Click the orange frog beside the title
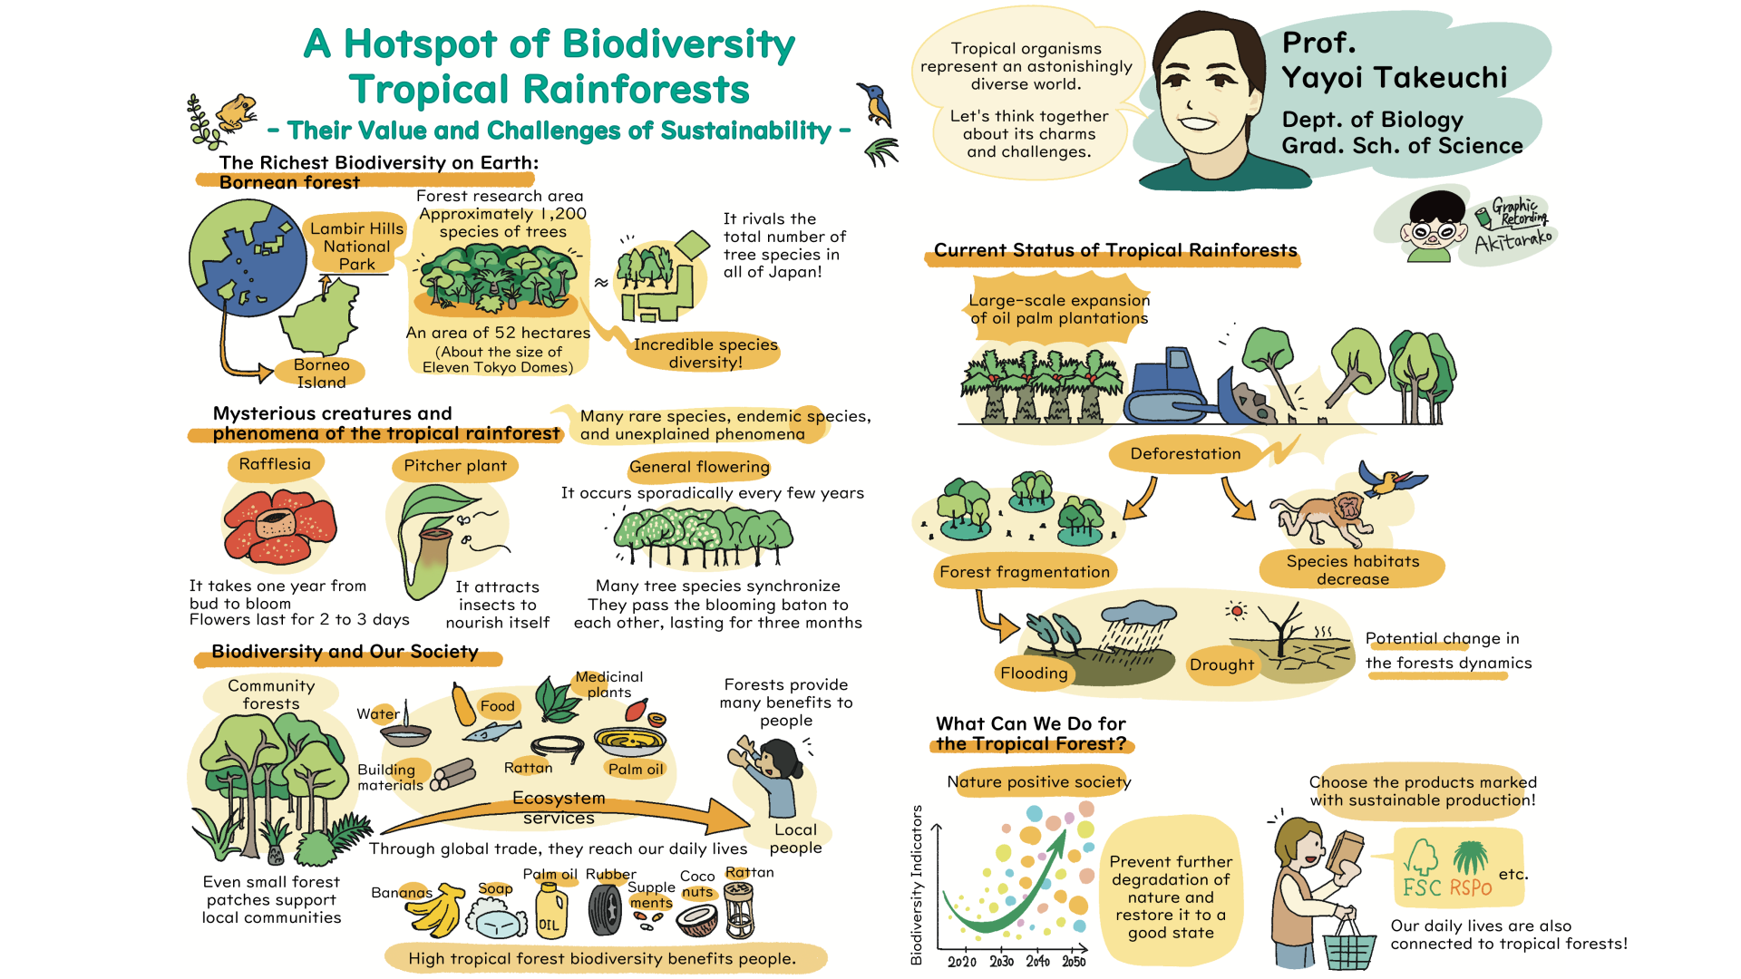pyautogui.click(x=236, y=112)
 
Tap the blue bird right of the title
pyautogui.click(x=876, y=102)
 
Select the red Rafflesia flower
pyautogui.click(x=280, y=526)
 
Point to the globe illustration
pyautogui.click(x=248, y=257)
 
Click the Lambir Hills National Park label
pyautogui.click(x=356, y=246)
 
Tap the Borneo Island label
pyautogui.click(x=322, y=373)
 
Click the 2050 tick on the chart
pyautogui.click(x=1074, y=962)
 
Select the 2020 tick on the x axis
pyautogui.click(x=962, y=962)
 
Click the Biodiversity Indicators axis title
pyautogui.click(x=917, y=885)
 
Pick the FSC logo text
pyautogui.click(x=1422, y=887)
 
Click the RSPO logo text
pyautogui.click(x=1470, y=887)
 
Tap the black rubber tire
pyautogui.click(x=605, y=909)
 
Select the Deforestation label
pyautogui.click(x=1185, y=454)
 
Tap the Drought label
pyautogui.click(x=1221, y=665)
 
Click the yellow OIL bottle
pyautogui.click(x=550, y=910)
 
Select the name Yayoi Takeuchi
pyautogui.click(x=1395, y=78)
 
